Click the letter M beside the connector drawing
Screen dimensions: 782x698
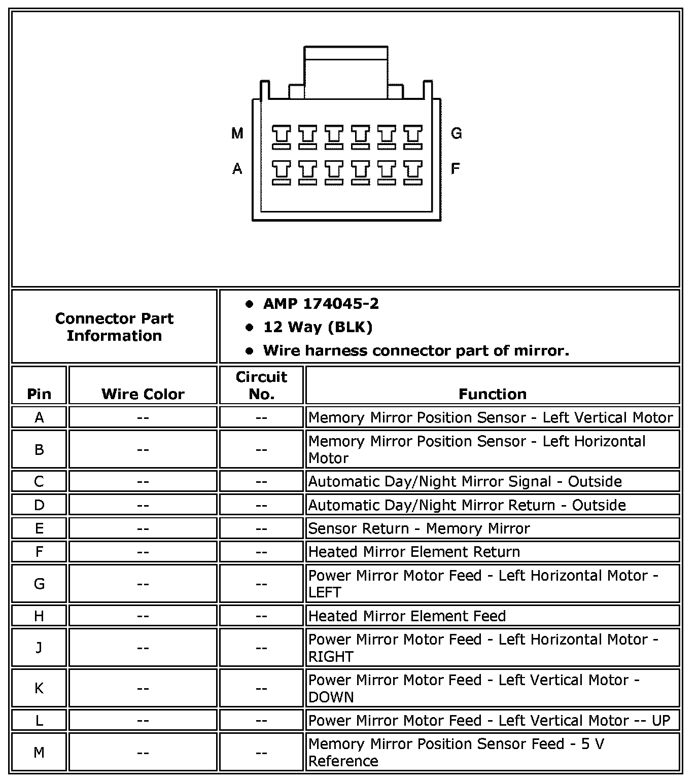(237, 133)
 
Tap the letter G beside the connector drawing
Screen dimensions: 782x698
(456, 133)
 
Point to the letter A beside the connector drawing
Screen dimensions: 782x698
(237, 168)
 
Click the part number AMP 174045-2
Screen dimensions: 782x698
(321, 304)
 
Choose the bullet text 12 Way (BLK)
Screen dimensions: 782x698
(318, 327)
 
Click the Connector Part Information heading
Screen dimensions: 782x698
(114, 327)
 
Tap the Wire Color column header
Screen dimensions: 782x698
(143, 394)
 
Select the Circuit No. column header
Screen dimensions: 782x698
(261, 385)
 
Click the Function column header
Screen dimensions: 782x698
(492, 394)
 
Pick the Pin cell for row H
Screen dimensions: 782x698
(39, 616)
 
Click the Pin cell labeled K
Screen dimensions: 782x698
(39, 688)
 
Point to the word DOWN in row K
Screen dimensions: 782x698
(331, 697)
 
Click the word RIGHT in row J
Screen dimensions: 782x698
(330, 657)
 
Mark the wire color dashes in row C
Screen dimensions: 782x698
(143, 481)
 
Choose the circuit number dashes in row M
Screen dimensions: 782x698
(261, 753)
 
